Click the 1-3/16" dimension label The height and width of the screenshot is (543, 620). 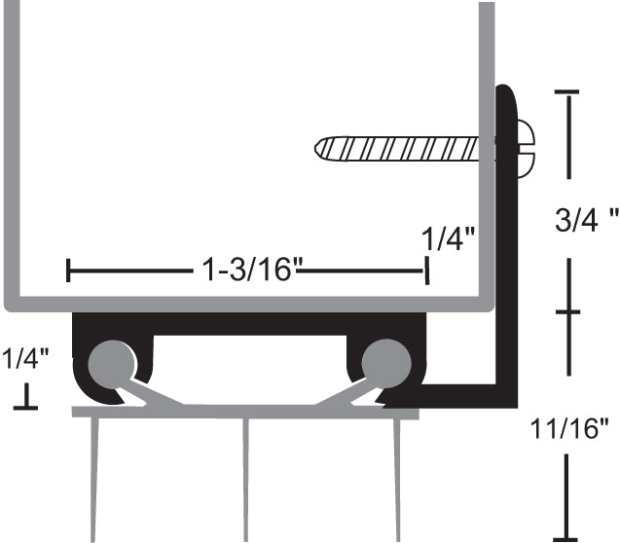point(247,269)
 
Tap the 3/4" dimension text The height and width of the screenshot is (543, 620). point(586,220)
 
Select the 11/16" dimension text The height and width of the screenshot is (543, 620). point(577,425)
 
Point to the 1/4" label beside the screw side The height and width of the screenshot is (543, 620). point(449,237)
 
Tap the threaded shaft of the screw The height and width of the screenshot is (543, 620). point(399,149)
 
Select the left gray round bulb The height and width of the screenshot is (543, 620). point(109,361)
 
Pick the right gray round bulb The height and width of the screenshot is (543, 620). point(383,361)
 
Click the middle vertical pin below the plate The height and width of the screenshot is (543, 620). point(245,477)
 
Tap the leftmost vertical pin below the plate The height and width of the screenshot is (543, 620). point(93,477)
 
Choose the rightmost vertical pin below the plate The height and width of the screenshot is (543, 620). point(397,477)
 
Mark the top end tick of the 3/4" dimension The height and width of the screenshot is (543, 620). point(566,91)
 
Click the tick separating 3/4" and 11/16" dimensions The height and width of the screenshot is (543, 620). point(566,312)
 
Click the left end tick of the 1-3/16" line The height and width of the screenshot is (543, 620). point(68,271)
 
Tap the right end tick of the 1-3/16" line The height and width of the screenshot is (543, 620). point(426,271)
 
